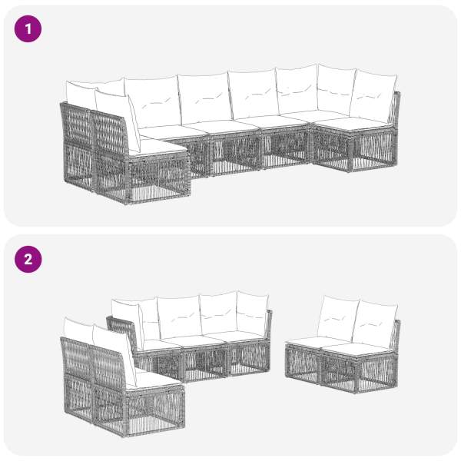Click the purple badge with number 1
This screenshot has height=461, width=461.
pos(28,29)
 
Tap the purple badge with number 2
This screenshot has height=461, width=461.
pos(28,260)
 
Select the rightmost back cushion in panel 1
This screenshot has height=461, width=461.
pos(373,95)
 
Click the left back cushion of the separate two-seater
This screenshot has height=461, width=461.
pos(338,317)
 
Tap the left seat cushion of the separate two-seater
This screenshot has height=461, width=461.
pos(316,341)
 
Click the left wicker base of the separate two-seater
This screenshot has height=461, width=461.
pos(303,364)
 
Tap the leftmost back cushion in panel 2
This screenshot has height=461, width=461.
pos(79,330)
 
